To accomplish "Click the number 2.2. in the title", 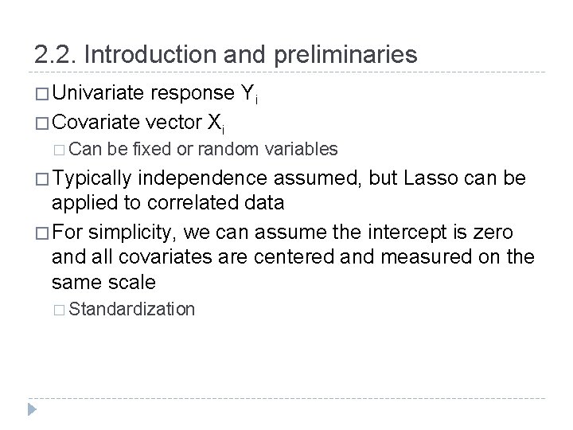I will click(x=55, y=55).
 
